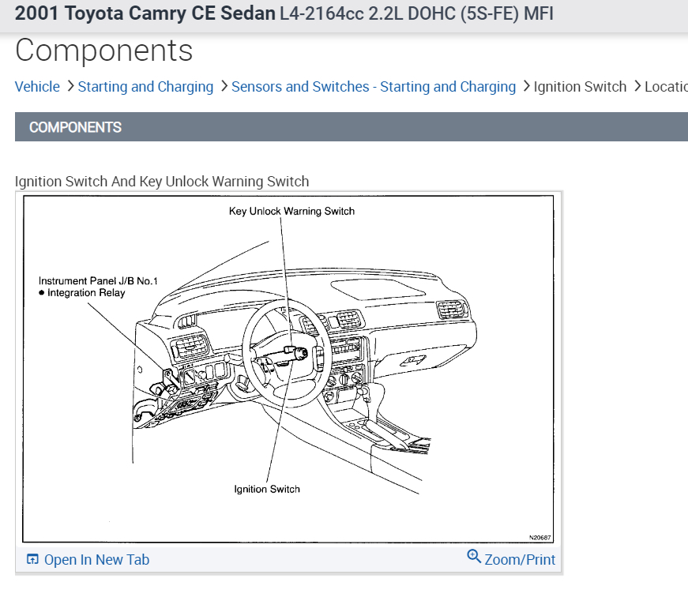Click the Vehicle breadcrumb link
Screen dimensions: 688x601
pyautogui.click(x=37, y=87)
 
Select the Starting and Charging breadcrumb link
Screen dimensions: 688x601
pyautogui.click(x=145, y=87)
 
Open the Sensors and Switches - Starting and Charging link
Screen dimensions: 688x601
pyautogui.click(x=373, y=87)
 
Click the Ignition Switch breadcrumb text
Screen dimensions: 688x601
pyautogui.click(x=580, y=87)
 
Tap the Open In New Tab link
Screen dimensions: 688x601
pyautogui.click(x=96, y=560)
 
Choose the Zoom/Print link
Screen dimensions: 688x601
pyautogui.click(x=520, y=560)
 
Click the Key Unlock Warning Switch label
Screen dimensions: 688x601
pyautogui.click(x=291, y=211)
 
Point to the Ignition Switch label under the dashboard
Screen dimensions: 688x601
pyautogui.click(x=267, y=489)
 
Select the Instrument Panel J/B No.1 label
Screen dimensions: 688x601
pyautogui.click(x=98, y=280)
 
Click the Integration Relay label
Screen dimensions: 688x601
pyautogui.click(x=86, y=293)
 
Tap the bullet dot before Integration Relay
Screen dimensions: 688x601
pyautogui.click(x=42, y=293)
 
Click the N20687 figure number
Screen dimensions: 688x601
pyautogui.click(x=540, y=537)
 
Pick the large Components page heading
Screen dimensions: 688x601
pyautogui.click(x=103, y=51)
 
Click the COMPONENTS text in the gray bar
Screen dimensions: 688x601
pyautogui.click(x=75, y=127)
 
